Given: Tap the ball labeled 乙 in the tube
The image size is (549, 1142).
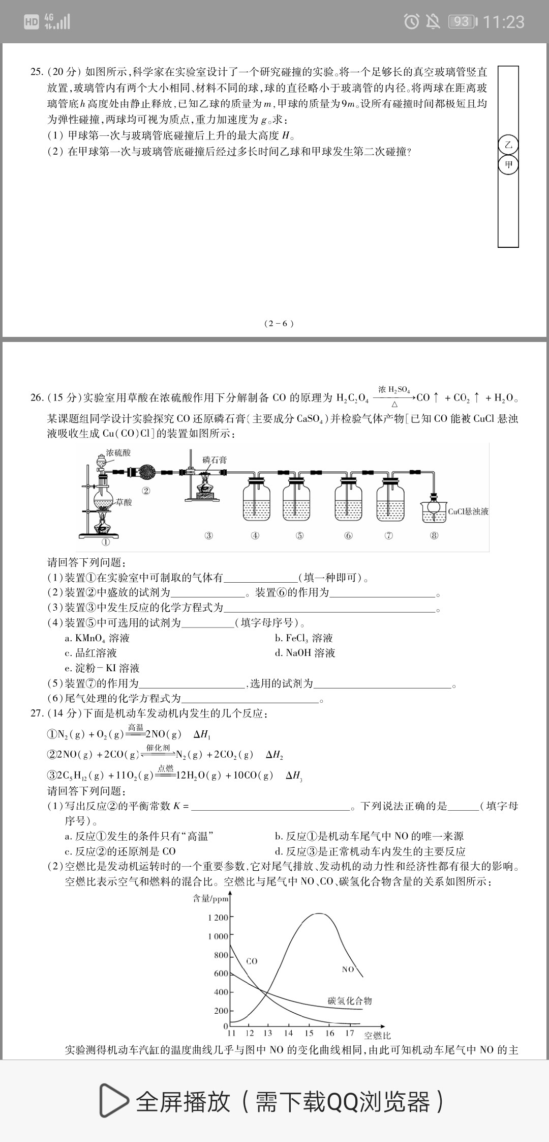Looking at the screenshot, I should pyautogui.click(x=508, y=145).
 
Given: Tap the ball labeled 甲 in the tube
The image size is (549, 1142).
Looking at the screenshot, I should pyautogui.click(x=508, y=165).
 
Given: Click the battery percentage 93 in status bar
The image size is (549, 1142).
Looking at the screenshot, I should pyautogui.click(x=462, y=22).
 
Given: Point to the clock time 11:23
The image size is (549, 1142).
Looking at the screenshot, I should pyautogui.click(x=503, y=22).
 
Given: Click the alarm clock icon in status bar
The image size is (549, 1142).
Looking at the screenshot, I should pyautogui.click(x=411, y=21).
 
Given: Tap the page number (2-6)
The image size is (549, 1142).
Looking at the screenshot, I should pyautogui.click(x=279, y=323).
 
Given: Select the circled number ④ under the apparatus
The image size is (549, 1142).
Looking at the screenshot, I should pyautogui.click(x=255, y=535).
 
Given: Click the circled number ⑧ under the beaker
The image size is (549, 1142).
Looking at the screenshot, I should pyautogui.click(x=434, y=535).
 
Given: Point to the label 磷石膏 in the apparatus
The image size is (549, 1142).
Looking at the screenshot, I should pyautogui.click(x=215, y=460).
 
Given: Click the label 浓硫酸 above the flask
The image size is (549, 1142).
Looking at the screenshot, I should pyautogui.click(x=118, y=452).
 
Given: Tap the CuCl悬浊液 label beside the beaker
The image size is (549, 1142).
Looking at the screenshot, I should pyautogui.click(x=468, y=511).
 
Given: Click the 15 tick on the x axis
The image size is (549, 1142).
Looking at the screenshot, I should pyautogui.click(x=309, y=1033).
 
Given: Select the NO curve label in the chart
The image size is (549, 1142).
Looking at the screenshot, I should pyautogui.click(x=348, y=969).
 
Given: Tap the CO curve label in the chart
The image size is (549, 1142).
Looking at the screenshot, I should pyautogui.click(x=252, y=961).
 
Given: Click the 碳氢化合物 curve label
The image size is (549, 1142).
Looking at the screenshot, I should pyautogui.click(x=350, y=1001).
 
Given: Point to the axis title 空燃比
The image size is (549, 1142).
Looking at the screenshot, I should pyautogui.click(x=377, y=1035).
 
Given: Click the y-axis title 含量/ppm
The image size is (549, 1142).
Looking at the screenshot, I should pyautogui.click(x=211, y=899).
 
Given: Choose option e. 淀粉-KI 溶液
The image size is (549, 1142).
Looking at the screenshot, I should pyautogui.click(x=102, y=668).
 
